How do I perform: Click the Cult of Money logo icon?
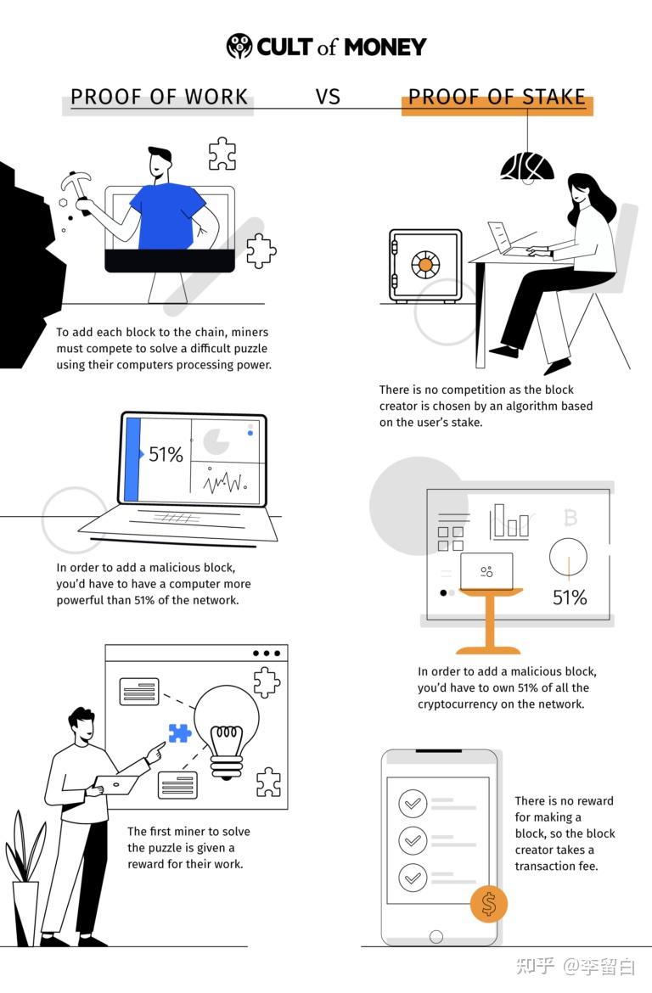coord(239,46)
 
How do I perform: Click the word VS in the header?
coord(329,97)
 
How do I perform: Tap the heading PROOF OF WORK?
coord(159,97)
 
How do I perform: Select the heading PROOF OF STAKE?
coord(497,97)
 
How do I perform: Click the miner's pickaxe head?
coord(75,181)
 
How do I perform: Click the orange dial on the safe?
coord(425,264)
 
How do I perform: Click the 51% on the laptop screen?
coord(166,454)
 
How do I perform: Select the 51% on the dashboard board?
coord(570,597)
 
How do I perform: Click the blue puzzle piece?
coord(180,732)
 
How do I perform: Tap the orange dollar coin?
coord(488,904)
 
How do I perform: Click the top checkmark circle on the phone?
coord(413,804)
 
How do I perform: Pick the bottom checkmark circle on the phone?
coord(413,878)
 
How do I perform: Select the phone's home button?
coord(436,937)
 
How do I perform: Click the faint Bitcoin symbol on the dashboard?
coord(570,518)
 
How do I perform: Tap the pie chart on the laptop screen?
coord(216,441)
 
